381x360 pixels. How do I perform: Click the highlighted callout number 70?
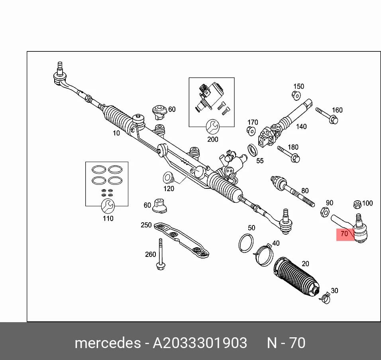(x=344, y=234)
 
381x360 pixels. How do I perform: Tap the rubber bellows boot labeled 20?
(x=297, y=276)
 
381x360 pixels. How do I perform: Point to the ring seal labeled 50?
(x=246, y=243)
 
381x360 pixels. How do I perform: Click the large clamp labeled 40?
(x=264, y=255)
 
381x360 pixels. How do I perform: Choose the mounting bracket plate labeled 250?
(x=181, y=240)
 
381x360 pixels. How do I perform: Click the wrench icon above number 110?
(x=108, y=206)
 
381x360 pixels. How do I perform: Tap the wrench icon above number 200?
(x=212, y=127)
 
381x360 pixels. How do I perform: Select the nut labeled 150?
(x=296, y=96)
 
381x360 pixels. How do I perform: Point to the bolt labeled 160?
(x=327, y=115)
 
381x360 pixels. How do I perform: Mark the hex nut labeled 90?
(x=325, y=212)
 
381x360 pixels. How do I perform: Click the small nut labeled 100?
(x=357, y=204)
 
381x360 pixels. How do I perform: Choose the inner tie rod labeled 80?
(x=293, y=191)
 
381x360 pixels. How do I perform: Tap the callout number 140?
(x=301, y=127)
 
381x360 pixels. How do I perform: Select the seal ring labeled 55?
(x=253, y=150)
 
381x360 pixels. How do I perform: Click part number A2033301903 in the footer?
(x=200, y=343)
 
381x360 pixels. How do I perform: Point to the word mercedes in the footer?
(x=108, y=343)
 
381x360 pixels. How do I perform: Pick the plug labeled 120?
(x=168, y=178)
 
